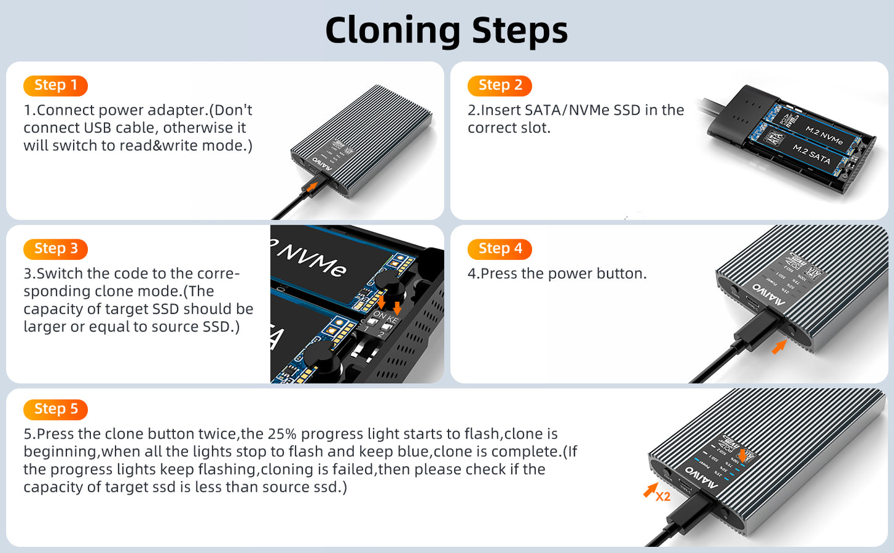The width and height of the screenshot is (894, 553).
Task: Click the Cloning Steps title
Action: pos(446,31)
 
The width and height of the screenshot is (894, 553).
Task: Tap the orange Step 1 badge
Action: pos(56,85)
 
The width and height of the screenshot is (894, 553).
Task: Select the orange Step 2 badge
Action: pos(500,85)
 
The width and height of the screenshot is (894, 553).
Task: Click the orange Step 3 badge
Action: pos(56,249)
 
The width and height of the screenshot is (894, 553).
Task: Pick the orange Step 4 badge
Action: pos(500,249)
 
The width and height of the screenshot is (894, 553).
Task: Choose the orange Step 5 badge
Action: pos(56,409)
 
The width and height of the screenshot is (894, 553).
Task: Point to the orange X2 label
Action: pos(663,496)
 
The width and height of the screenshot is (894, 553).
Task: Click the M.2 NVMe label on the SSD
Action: pos(824,135)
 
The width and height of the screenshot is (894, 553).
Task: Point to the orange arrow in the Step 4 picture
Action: pos(779,347)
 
